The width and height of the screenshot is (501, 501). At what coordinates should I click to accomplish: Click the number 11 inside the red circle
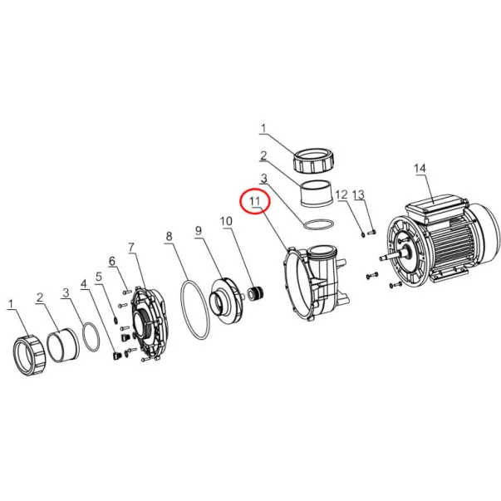255,201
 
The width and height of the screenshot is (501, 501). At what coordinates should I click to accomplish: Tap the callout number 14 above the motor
420,169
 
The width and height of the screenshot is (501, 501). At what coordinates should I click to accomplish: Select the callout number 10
226,221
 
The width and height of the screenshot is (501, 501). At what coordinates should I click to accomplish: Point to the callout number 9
199,231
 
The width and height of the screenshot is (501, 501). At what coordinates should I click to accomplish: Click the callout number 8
169,237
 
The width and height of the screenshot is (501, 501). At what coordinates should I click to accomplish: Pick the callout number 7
131,247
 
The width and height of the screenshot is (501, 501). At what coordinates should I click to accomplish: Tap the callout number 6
112,261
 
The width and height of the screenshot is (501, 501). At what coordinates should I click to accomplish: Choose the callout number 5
99,277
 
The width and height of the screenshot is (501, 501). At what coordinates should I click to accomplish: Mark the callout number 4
84,284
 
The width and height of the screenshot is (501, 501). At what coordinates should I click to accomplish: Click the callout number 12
341,194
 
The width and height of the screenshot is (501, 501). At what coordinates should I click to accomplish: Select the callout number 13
358,194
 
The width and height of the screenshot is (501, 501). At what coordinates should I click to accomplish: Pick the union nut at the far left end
30,356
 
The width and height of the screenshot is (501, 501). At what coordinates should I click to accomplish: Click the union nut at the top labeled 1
314,161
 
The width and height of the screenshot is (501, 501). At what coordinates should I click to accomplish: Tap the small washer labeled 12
363,235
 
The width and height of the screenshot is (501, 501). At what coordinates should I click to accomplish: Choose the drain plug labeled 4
116,356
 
